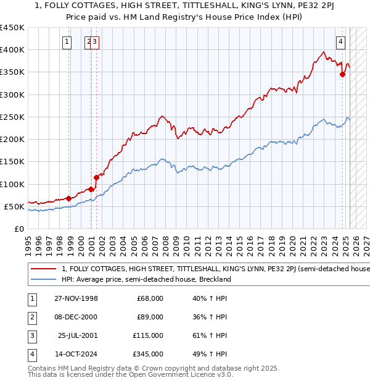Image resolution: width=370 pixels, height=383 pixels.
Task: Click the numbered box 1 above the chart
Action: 67,42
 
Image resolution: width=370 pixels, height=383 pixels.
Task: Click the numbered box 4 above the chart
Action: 340,42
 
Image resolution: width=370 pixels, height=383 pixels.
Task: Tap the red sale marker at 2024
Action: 342,75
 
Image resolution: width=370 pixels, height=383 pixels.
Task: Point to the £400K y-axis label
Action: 12,50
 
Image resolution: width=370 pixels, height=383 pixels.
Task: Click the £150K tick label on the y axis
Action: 12,162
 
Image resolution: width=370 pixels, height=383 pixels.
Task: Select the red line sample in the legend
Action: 43,269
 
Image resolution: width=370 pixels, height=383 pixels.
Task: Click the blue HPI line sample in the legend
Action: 43,279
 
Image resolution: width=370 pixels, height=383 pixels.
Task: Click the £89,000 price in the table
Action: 150,317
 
